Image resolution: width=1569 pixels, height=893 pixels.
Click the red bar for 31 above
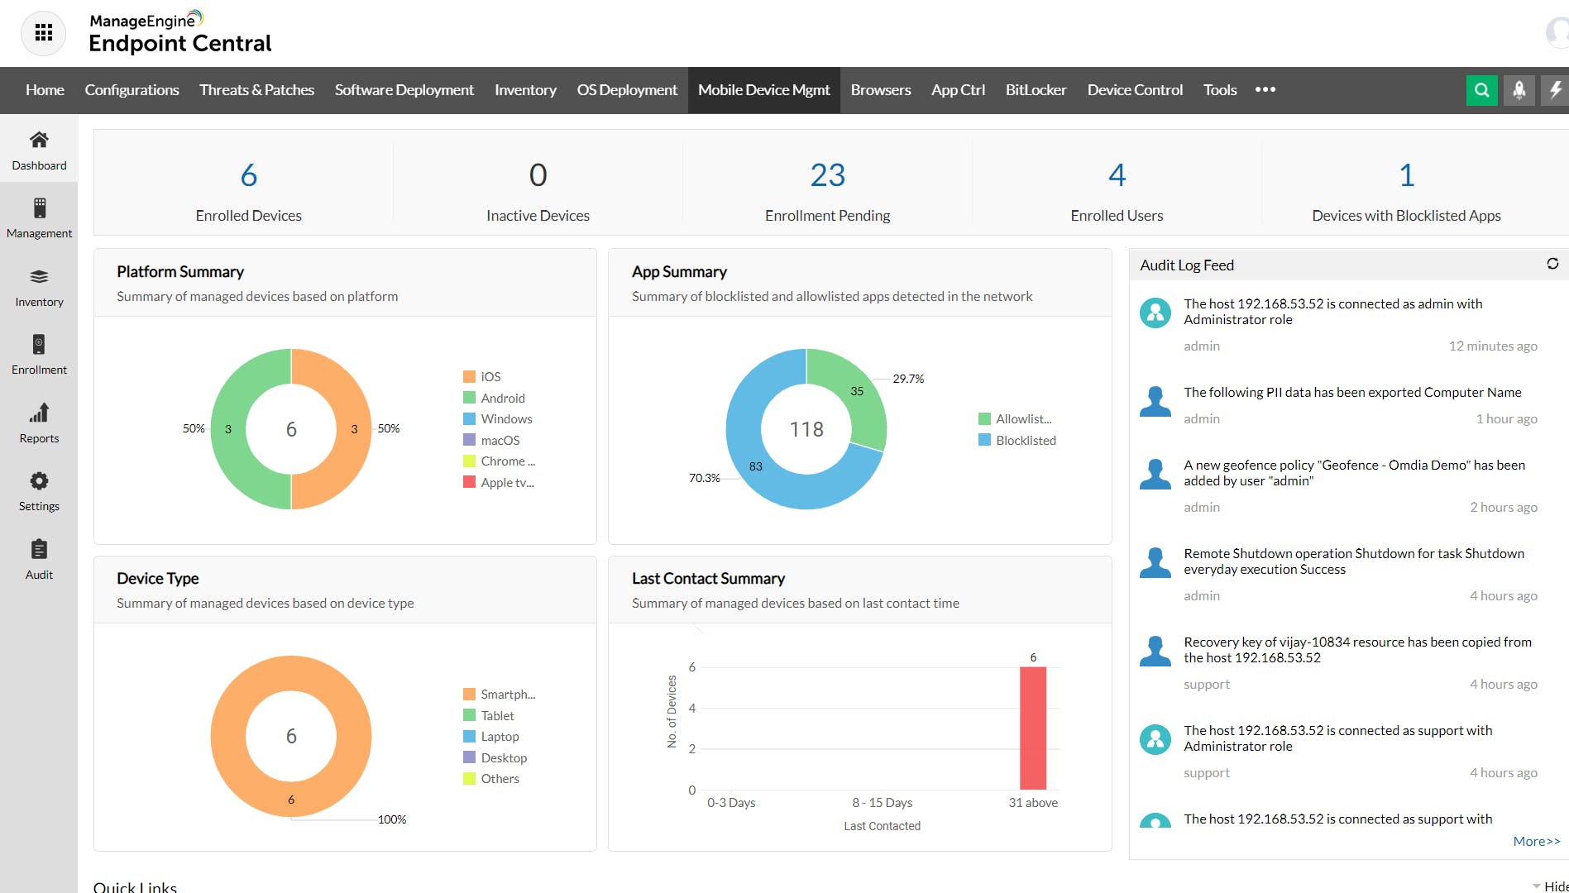[1032, 728]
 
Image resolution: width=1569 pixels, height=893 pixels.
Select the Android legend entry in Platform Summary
[502, 398]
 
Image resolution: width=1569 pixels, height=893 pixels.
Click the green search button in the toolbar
[1481, 90]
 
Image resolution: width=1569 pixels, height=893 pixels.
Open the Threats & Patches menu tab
[256, 90]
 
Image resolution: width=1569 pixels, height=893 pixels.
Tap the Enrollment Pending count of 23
[827, 175]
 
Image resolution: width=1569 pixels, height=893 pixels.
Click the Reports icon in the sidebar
[39, 413]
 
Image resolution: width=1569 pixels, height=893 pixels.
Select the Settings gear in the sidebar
[39, 482]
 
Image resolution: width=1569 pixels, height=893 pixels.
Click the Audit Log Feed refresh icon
[1552, 264]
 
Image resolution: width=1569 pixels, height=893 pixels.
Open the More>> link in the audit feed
[1536, 841]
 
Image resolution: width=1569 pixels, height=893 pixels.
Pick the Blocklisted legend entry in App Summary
[1025, 440]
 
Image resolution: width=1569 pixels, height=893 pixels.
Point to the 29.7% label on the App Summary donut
[908, 379]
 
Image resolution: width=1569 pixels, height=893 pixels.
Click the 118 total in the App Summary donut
[806, 429]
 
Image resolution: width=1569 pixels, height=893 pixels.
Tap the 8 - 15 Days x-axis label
[882, 803]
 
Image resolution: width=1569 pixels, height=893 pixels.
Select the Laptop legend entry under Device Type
[500, 737]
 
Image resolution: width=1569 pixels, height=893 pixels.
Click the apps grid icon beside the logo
[44, 33]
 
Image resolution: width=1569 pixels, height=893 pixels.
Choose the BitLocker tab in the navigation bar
[1036, 90]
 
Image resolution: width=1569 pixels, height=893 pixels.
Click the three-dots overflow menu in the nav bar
[1265, 90]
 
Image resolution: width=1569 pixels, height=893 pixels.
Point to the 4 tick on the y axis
[692, 708]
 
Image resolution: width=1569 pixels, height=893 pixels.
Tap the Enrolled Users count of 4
[1117, 175]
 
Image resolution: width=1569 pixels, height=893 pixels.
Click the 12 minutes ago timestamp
[1492, 346]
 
